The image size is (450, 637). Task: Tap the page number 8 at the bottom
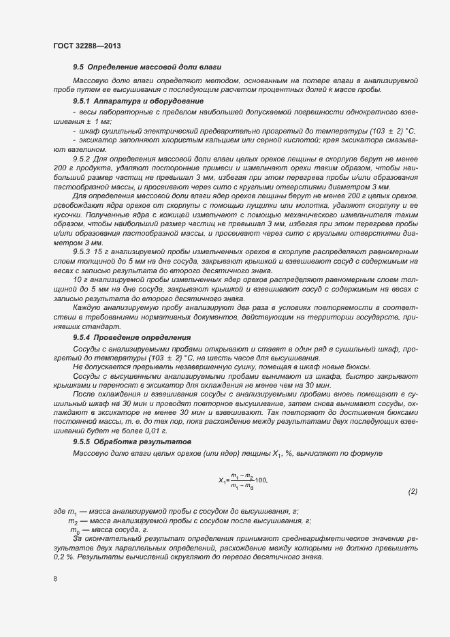click(54, 579)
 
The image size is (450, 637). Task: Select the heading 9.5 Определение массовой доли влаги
click(146, 67)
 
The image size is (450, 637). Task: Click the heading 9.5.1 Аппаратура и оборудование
click(138, 101)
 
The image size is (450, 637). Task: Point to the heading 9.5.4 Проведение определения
click(132, 338)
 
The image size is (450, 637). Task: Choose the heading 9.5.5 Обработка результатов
click(132, 442)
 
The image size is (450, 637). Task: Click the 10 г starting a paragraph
click(80, 279)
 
